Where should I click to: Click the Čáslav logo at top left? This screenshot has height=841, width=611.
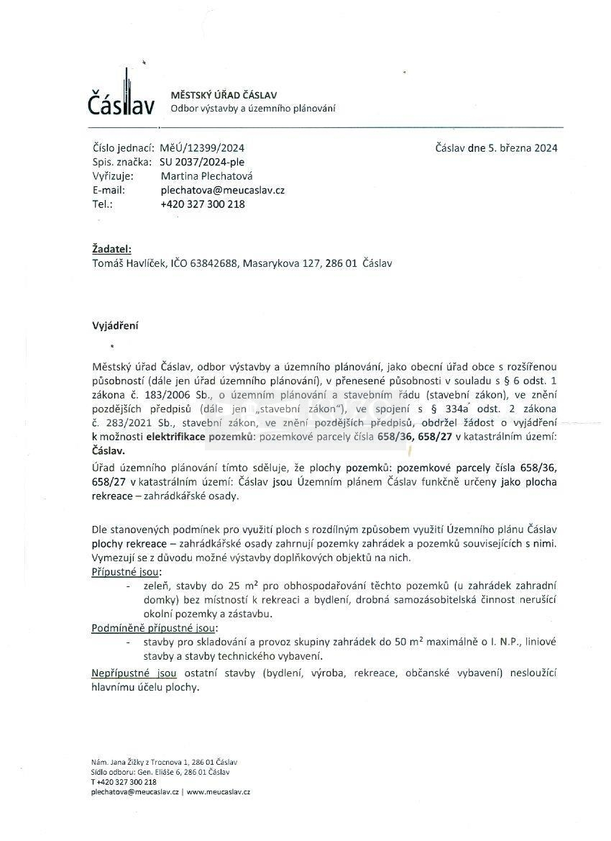tap(121, 96)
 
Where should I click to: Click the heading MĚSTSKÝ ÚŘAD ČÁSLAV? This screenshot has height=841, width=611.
tap(224, 95)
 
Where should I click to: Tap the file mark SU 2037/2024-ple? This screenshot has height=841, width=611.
tap(202, 163)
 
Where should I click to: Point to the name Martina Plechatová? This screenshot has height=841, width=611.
tap(207, 176)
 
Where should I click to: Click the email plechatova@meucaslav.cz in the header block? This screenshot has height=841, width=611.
tap(223, 190)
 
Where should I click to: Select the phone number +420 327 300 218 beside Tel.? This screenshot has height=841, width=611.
tap(203, 204)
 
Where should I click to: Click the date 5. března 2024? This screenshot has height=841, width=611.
tap(523, 148)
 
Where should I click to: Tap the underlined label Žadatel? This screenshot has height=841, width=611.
tap(112, 249)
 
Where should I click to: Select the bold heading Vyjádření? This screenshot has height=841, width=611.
tap(115, 325)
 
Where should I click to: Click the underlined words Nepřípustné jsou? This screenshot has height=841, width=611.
tap(134, 673)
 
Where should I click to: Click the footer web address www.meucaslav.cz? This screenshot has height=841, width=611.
tap(219, 791)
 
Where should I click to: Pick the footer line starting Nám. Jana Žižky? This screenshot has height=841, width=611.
tap(164, 762)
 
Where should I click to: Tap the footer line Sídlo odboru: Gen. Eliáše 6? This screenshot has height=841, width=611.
tap(160, 772)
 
